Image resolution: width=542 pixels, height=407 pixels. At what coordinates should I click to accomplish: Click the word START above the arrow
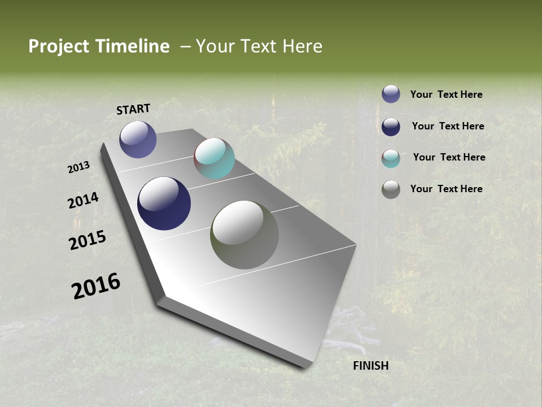(x=133, y=109)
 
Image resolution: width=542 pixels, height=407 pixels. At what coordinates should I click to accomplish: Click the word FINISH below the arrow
(x=370, y=366)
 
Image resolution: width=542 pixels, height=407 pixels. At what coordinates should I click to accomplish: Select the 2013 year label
(x=79, y=167)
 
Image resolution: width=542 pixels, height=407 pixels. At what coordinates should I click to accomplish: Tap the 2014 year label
(x=83, y=201)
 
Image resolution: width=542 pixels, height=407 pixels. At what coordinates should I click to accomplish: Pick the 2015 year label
(x=88, y=240)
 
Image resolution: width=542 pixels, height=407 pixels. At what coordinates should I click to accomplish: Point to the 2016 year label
(x=96, y=286)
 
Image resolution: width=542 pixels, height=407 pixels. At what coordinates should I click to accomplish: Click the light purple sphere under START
(x=138, y=139)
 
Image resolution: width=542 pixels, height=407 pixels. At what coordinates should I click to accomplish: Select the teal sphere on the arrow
(x=214, y=158)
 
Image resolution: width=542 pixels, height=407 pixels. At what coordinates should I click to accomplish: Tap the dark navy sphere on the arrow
(x=164, y=203)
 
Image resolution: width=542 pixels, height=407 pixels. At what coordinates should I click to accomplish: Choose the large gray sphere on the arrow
(x=244, y=235)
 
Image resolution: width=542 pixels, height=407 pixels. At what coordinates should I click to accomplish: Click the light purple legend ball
(x=391, y=94)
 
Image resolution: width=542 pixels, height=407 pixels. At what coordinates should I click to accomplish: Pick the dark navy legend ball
(x=391, y=126)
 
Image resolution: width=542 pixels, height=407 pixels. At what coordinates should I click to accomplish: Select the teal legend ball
(x=391, y=158)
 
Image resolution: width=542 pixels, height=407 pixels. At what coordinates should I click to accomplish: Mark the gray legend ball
(x=391, y=189)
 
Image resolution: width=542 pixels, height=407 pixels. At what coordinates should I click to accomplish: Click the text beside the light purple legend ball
(x=446, y=94)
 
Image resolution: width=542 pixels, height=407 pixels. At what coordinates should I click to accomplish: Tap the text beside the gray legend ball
(x=446, y=189)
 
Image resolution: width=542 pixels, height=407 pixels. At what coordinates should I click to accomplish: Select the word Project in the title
(x=58, y=46)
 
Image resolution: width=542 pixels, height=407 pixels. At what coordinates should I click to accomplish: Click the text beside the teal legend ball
(x=449, y=157)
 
